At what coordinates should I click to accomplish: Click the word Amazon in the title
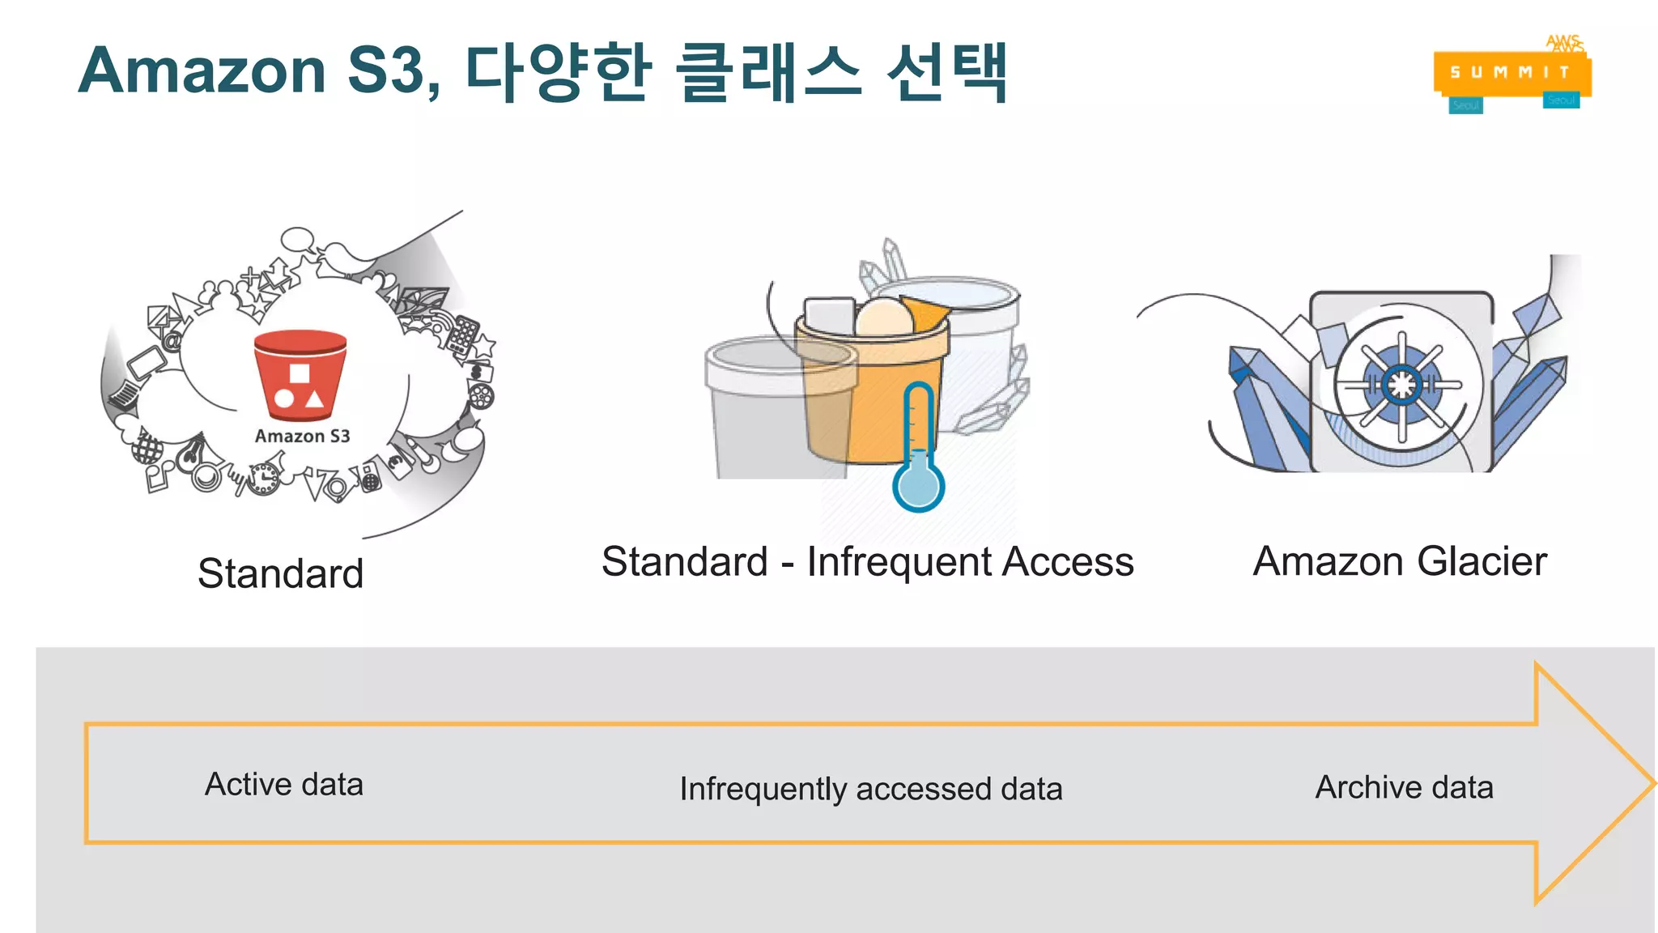coord(202,71)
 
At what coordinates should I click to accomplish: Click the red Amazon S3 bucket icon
coord(300,374)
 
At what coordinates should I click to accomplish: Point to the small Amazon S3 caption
coord(302,437)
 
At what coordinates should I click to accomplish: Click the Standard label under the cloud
coord(280,573)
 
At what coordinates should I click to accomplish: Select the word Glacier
coord(1482,561)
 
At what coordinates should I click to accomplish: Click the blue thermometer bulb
coord(918,486)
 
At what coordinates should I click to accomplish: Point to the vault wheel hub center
coord(1401,385)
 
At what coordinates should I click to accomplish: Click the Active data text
coord(284,784)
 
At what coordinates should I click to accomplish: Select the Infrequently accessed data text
coord(870,789)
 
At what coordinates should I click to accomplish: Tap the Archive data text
coord(1404,787)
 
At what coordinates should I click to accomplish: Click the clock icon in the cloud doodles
coord(264,478)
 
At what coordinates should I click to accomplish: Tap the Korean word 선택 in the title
coord(947,73)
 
